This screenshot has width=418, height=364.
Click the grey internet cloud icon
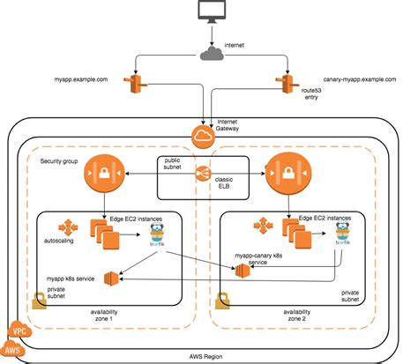tap(211, 56)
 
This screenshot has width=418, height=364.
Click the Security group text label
tap(60, 163)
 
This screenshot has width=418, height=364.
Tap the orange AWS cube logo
tap(12, 351)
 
